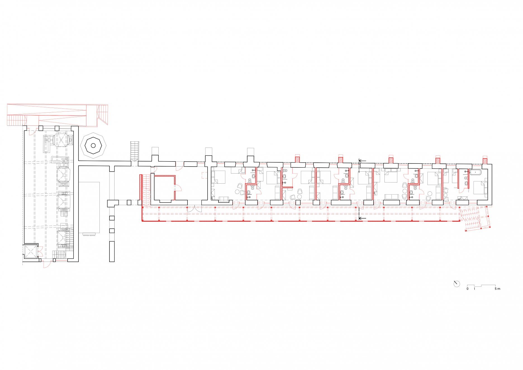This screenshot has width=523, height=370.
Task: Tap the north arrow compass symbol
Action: tap(457, 284)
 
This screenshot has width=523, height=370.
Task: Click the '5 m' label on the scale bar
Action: tap(497, 289)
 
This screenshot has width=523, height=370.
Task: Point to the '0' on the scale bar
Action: tap(467, 289)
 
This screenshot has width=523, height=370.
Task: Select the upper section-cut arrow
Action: tap(362, 161)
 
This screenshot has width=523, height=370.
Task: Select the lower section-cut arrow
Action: tap(362, 218)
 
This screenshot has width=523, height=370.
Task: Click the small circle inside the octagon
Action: tap(94, 146)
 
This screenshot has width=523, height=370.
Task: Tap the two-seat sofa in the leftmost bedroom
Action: tap(224, 199)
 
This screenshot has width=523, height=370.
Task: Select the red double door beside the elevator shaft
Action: tap(40, 251)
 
